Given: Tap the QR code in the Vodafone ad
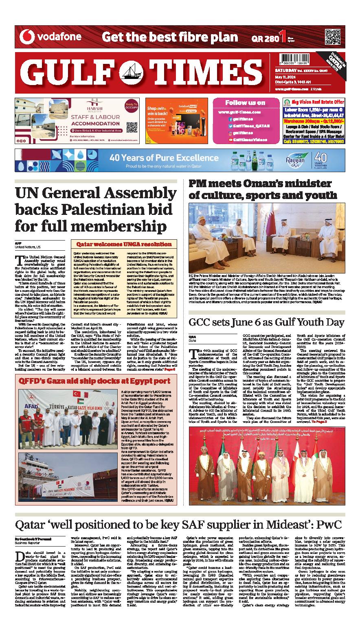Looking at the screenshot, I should point(333,37).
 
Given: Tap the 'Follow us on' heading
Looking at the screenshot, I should point(245,103).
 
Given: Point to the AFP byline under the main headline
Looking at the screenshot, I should point(18,243).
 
